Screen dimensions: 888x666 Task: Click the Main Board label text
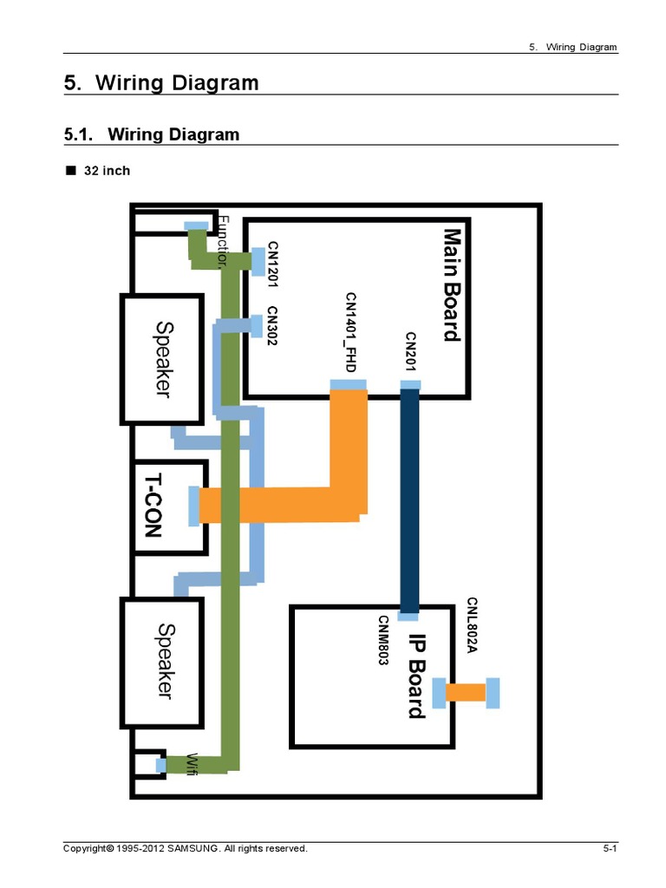(451, 284)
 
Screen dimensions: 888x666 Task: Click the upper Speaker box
(162, 358)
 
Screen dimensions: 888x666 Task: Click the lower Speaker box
(162, 662)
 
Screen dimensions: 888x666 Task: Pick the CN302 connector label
(272, 327)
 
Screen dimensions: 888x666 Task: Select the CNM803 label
(382, 641)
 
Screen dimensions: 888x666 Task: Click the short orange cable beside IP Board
(466, 692)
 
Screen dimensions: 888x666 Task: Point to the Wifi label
(193, 763)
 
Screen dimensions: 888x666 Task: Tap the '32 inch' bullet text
(106, 171)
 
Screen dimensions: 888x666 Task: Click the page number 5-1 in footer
(610, 848)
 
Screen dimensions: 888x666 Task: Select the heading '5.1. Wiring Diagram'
(152, 134)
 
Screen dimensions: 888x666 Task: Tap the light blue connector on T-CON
(192, 506)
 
